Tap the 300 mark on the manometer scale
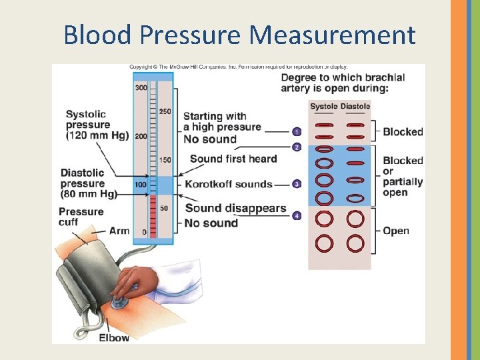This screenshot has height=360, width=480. (141, 88)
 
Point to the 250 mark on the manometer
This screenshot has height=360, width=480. (165, 111)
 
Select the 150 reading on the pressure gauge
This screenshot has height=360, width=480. (165, 160)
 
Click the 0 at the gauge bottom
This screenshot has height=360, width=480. (144, 232)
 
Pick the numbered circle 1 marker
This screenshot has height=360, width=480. (297, 131)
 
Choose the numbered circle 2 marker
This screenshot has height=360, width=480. (297, 147)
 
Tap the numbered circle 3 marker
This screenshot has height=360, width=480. (297, 184)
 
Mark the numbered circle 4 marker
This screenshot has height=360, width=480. (297, 216)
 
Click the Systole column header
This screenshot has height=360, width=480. (324, 107)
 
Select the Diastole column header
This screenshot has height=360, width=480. (355, 107)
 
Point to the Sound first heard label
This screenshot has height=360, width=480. (233, 159)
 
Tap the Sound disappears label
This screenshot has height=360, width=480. (235, 209)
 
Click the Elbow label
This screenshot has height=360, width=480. (114, 337)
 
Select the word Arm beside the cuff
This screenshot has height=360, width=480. (119, 231)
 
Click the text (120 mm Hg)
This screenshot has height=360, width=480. (97, 136)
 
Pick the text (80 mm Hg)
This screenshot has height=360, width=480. (89, 194)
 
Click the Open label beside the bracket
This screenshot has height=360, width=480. (396, 231)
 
